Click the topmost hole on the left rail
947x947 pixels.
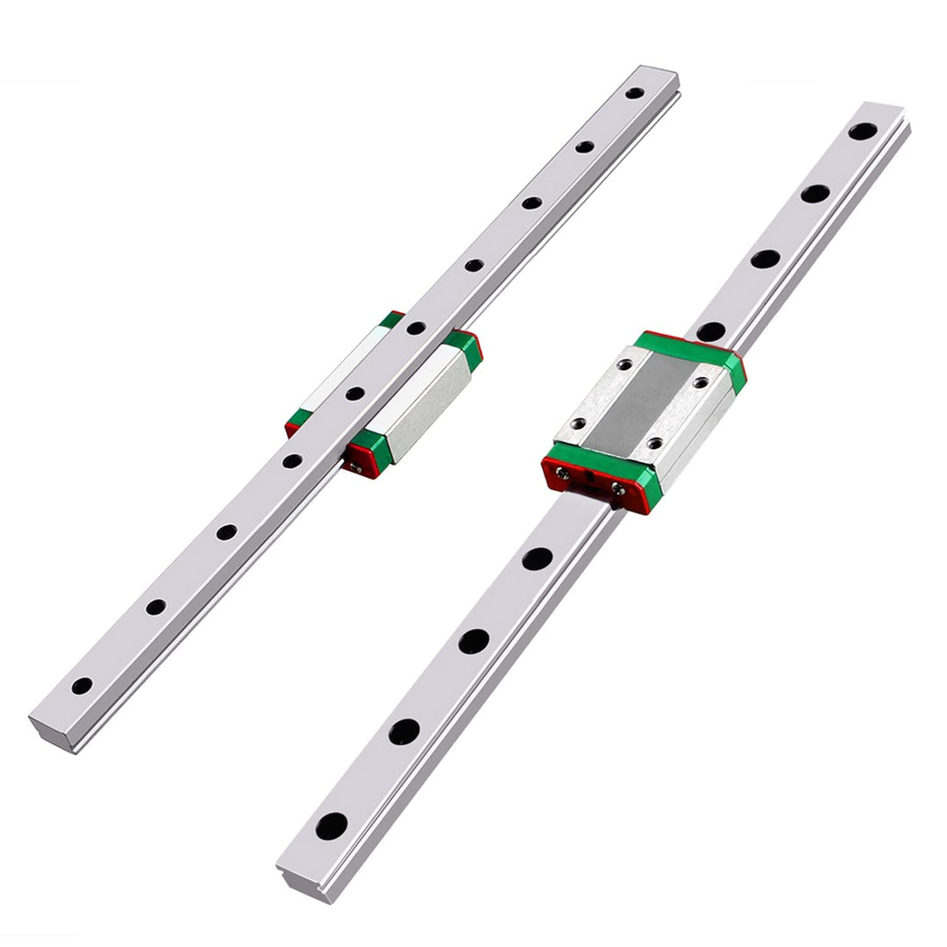(635, 92)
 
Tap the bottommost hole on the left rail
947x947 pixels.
(82, 686)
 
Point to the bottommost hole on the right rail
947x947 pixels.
(332, 824)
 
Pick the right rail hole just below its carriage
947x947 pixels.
(538, 559)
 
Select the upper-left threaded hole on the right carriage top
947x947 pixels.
(624, 366)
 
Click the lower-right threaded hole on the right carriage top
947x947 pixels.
(653, 444)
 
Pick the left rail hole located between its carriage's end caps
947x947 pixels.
(354, 394)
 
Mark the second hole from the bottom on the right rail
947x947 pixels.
(404, 730)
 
